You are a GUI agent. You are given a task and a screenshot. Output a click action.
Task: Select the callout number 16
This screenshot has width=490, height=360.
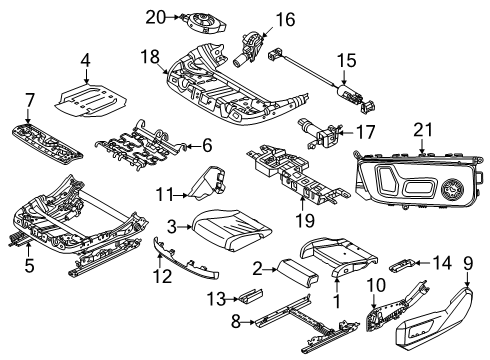(x=286, y=19)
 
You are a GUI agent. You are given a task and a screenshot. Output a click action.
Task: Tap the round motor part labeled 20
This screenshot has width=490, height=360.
(x=191, y=20)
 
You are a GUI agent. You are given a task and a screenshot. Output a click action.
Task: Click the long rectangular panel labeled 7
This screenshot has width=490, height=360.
(x=48, y=137)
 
